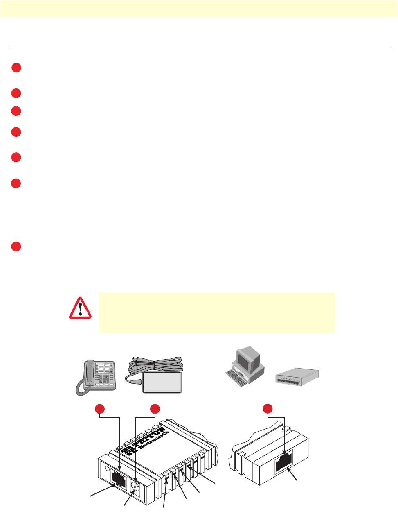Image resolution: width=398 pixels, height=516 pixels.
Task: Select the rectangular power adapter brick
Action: point(162,382)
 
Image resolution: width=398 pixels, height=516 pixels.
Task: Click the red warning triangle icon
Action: point(81,308)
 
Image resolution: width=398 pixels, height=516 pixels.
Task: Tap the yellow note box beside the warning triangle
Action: point(217,312)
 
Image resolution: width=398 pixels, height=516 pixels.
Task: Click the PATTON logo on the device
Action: point(144,440)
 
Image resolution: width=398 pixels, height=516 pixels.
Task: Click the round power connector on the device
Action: point(135,487)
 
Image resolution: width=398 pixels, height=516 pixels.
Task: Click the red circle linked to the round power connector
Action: point(155,409)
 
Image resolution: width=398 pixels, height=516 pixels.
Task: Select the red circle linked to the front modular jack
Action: point(100,409)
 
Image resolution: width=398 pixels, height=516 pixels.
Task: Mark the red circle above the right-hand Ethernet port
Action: point(268,409)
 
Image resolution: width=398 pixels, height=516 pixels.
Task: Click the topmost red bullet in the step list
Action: point(16,68)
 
